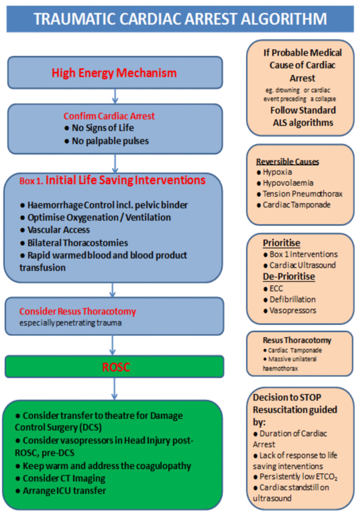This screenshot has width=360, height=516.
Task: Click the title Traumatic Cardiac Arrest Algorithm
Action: tap(180, 19)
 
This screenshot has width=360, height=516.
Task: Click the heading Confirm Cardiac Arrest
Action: tap(109, 116)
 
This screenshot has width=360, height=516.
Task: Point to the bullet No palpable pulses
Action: tap(106, 141)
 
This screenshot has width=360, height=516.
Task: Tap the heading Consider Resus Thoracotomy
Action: tap(77, 311)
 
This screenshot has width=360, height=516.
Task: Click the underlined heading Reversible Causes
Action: tap(287, 162)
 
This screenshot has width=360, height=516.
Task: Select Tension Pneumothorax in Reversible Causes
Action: tap(299, 194)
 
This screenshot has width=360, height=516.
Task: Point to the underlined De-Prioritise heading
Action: tap(288, 277)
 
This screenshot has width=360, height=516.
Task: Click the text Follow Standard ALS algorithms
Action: tap(303, 116)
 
